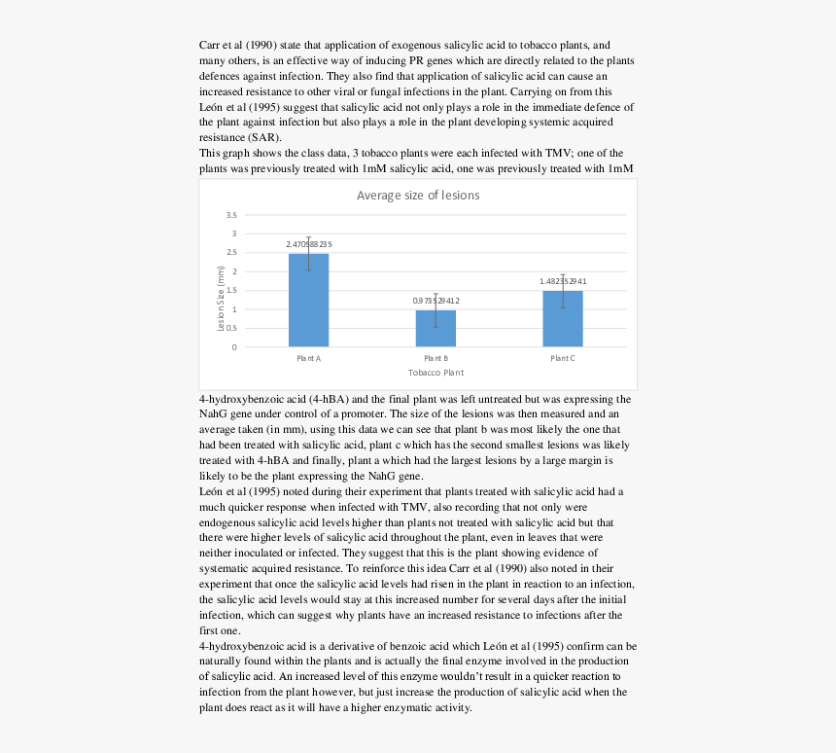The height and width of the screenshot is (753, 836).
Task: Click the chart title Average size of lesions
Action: [x=418, y=196]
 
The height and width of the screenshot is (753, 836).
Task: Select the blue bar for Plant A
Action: [x=308, y=301]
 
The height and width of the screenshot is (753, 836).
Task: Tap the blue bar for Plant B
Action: [x=435, y=329]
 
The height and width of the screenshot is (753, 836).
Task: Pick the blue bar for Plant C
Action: [x=563, y=319]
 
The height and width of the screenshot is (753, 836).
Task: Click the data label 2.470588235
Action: [x=309, y=243]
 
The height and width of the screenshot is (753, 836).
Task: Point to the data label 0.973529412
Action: [x=435, y=301]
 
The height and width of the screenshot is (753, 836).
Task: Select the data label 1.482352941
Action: [x=563, y=281]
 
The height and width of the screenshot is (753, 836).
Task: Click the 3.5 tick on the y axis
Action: [x=230, y=215]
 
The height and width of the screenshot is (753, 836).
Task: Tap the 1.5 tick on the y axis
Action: [x=230, y=291]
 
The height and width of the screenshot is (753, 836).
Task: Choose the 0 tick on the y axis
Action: [x=233, y=347]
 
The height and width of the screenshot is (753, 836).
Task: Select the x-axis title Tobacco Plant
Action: [x=435, y=373]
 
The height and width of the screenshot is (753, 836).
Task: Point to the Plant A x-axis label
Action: [x=308, y=358]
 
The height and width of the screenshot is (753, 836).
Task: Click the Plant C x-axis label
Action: [x=563, y=358]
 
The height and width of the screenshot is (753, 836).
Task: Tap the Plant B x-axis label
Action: [x=435, y=358]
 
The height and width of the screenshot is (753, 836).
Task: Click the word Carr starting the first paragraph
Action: [x=211, y=45]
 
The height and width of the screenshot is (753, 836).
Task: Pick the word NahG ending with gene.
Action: [x=376, y=476]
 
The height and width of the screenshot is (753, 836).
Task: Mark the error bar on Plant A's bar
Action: [x=308, y=252]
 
